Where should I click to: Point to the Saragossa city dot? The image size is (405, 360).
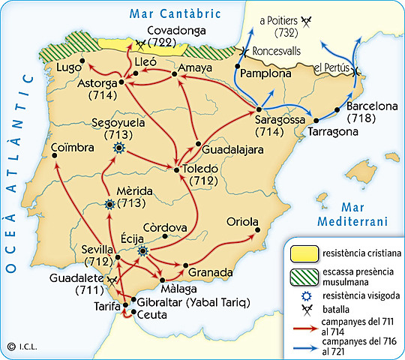pos(257,109)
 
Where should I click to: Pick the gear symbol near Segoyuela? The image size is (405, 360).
pos(118,148)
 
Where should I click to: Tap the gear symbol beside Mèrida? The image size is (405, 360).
pos(110,203)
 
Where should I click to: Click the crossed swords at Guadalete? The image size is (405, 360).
pos(112,279)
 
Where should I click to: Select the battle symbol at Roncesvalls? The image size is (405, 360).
pos(241,52)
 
